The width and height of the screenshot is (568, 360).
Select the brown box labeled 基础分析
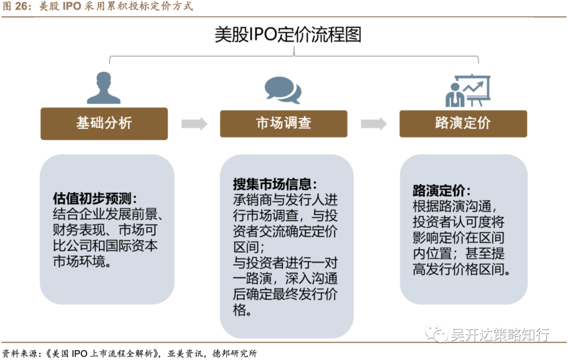click(x=104, y=124)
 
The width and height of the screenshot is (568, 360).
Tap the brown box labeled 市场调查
click(x=283, y=124)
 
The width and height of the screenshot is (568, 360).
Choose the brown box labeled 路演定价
click(x=463, y=124)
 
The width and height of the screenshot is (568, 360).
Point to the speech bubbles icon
click(x=283, y=90)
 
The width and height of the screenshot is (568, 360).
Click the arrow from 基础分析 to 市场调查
click(x=194, y=124)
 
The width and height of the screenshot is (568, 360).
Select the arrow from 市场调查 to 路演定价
click(x=373, y=124)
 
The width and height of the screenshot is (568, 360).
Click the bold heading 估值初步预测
click(x=95, y=199)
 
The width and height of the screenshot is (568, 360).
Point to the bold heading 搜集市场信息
click(x=275, y=184)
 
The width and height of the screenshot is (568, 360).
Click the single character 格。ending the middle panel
click(x=241, y=310)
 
